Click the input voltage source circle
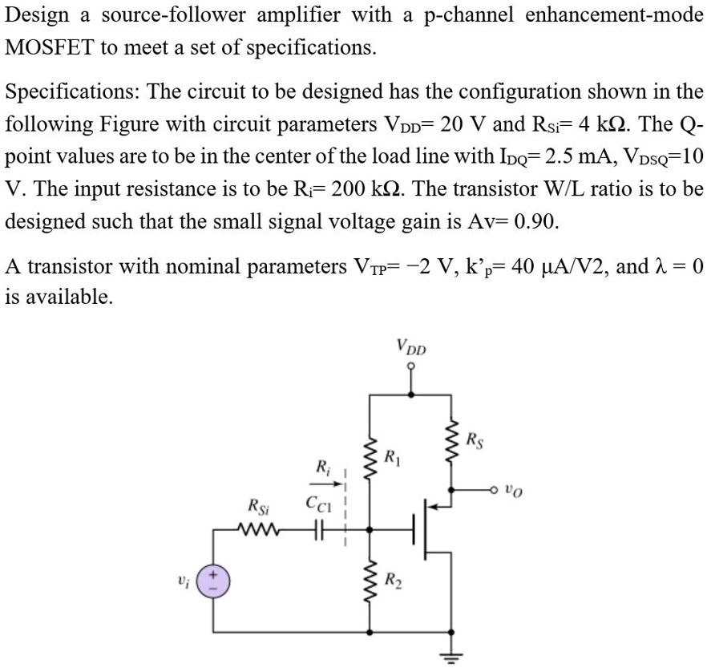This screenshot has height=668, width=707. [x=215, y=580]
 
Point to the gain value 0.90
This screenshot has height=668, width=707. [x=532, y=222]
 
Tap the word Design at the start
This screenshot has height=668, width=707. [x=36, y=15]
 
